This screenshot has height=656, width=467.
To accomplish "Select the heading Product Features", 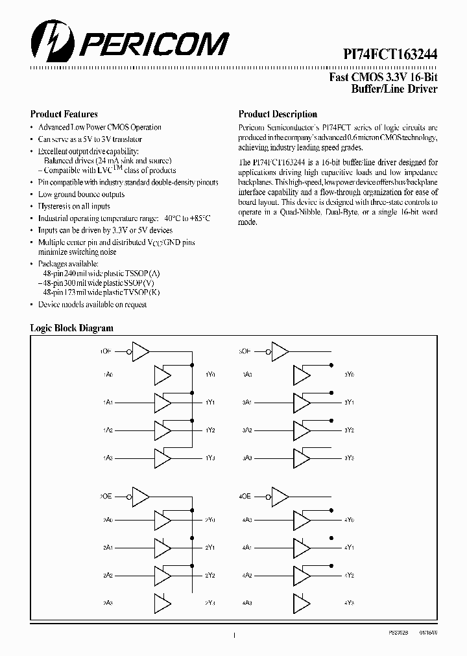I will point(64,114).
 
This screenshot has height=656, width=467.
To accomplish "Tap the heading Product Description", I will point(278,114).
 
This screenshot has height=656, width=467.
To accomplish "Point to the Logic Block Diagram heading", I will point(72,328).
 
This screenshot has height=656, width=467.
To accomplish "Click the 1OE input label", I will point(106,351).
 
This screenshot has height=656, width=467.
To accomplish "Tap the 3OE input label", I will point(245,351).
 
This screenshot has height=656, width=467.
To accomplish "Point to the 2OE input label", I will point(106,496).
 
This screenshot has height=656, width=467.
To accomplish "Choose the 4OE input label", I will point(245,496).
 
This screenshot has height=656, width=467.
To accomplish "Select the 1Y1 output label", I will point(210,403).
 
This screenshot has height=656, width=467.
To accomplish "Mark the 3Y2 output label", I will point(350,430).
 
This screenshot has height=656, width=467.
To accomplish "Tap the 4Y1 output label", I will point(350,548).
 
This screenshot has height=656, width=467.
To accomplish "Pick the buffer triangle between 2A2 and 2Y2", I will point(163,575).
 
